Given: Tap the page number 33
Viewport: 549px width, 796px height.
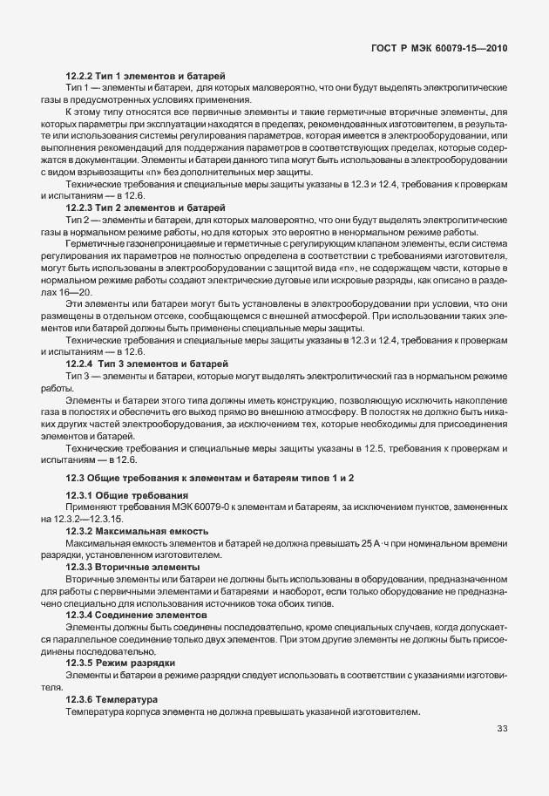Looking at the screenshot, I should [502, 729].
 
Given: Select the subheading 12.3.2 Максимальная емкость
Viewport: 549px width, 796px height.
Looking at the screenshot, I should [137, 531].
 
